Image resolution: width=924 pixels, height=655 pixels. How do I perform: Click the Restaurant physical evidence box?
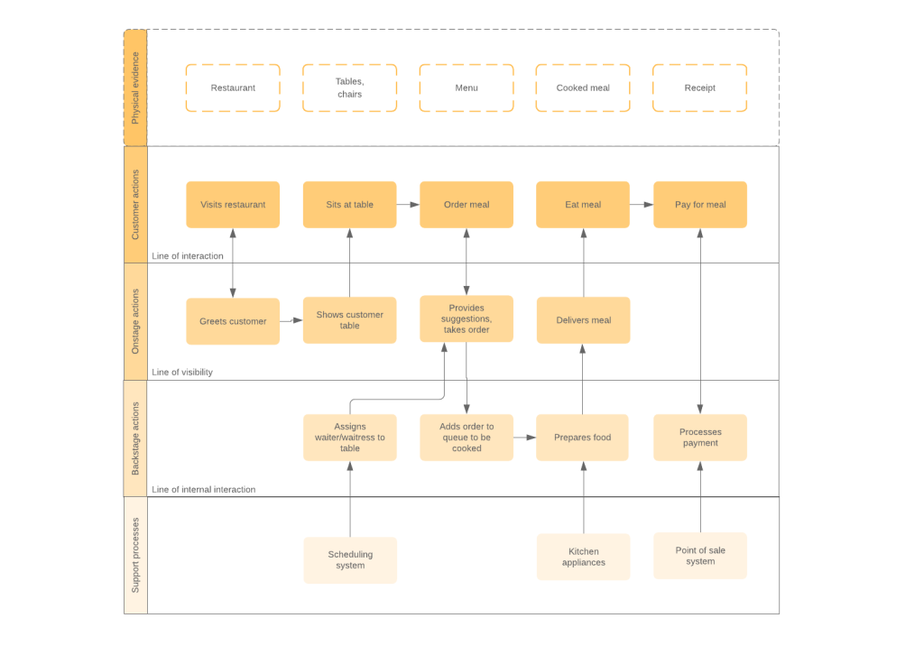click(x=233, y=88)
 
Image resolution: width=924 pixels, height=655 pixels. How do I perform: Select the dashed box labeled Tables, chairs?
click(x=349, y=88)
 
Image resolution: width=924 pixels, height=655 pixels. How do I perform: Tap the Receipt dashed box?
click(x=699, y=88)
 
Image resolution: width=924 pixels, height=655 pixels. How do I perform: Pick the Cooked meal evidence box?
click(x=583, y=88)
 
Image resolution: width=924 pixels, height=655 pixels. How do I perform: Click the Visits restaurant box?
click(x=233, y=205)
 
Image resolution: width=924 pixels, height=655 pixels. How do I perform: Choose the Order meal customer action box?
click(x=467, y=205)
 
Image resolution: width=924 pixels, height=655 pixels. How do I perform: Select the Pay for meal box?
click(x=699, y=205)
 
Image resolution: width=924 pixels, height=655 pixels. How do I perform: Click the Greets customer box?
click(x=233, y=321)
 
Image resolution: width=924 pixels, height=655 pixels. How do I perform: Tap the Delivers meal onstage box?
click(x=583, y=320)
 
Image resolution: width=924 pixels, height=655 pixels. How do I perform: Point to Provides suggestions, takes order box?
click(x=467, y=318)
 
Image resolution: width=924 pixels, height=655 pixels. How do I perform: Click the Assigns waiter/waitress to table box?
click(x=349, y=438)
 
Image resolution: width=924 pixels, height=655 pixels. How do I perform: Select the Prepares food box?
click(x=583, y=438)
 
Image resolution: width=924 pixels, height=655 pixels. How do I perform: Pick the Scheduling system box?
click(x=349, y=560)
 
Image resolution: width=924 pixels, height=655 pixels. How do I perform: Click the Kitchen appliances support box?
click(x=583, y=557)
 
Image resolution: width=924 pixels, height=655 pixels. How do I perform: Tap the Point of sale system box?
click(x=699, y=556)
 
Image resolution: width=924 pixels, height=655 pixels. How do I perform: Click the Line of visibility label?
click(x=182, y=372)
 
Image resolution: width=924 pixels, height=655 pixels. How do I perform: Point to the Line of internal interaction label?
click(x=203, y=490)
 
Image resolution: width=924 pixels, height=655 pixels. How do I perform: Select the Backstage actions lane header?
click(x=135, y=438)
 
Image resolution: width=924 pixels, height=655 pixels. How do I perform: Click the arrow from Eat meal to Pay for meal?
click(x=642, y=205)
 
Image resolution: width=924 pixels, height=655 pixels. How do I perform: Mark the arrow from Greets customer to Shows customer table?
click(x=291, y=320)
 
